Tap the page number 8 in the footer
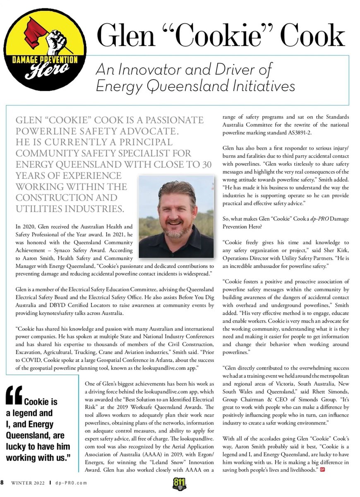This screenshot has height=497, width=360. coord(2,483)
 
